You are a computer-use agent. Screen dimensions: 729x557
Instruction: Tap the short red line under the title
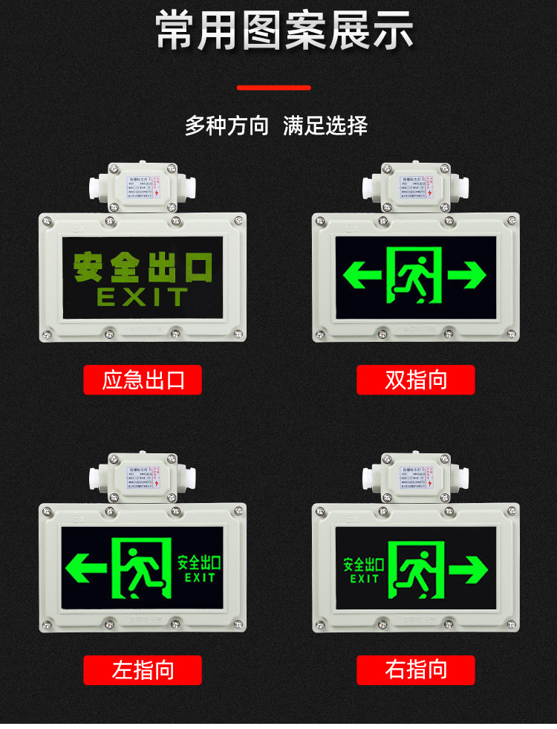(x=273, y=88)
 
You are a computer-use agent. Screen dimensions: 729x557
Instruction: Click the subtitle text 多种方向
(x=227, y=126)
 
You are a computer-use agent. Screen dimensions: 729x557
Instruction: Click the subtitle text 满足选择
(x=325, y=126)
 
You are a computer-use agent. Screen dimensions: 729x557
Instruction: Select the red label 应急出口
(x=142, y=380)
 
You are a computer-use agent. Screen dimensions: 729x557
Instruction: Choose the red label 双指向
(x=415, y=380)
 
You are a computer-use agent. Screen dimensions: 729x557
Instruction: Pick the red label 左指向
(x=142, y=670)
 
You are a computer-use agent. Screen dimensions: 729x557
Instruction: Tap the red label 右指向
(x=415, y=670)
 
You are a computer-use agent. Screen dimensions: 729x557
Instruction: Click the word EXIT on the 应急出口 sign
(x=143, y=298)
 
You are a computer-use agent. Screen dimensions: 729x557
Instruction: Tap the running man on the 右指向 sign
(x=414, y=569)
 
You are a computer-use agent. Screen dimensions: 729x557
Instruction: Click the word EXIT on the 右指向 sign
(x=364, y=579)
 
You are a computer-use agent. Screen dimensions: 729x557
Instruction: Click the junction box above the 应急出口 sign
(x=142, y=186)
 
